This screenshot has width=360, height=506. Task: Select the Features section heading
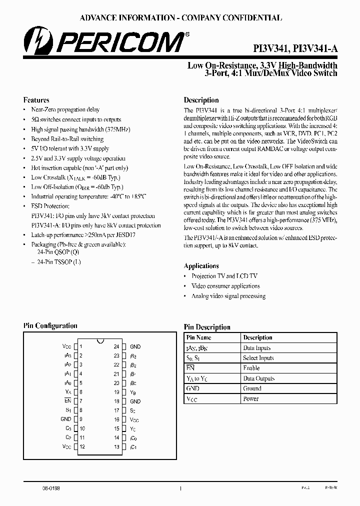36,100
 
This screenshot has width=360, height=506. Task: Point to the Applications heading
201,266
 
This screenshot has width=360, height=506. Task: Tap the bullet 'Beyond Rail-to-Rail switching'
67,139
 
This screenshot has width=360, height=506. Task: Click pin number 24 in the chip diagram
116,346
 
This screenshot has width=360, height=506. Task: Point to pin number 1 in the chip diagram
81,346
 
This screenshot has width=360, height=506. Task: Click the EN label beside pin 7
67,401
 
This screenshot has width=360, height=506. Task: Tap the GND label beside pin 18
135,401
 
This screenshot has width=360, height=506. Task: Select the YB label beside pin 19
133,392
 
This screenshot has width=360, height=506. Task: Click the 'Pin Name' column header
198,337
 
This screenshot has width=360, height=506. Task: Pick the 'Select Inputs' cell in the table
258,358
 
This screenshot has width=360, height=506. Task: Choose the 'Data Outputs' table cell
258,378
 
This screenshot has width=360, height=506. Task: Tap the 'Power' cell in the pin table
251,399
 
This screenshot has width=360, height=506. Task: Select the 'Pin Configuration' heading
50,326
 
